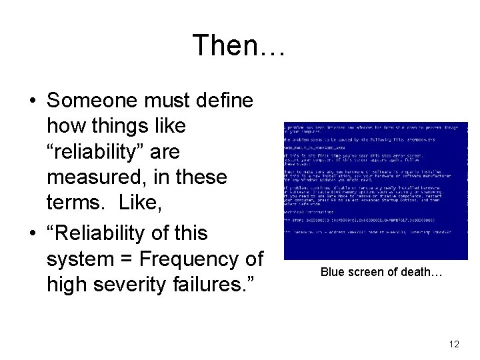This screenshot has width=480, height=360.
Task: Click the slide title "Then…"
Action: coord(239,45)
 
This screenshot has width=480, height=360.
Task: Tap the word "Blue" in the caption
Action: coord(333,272)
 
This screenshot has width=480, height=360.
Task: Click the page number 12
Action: coord(454,344)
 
